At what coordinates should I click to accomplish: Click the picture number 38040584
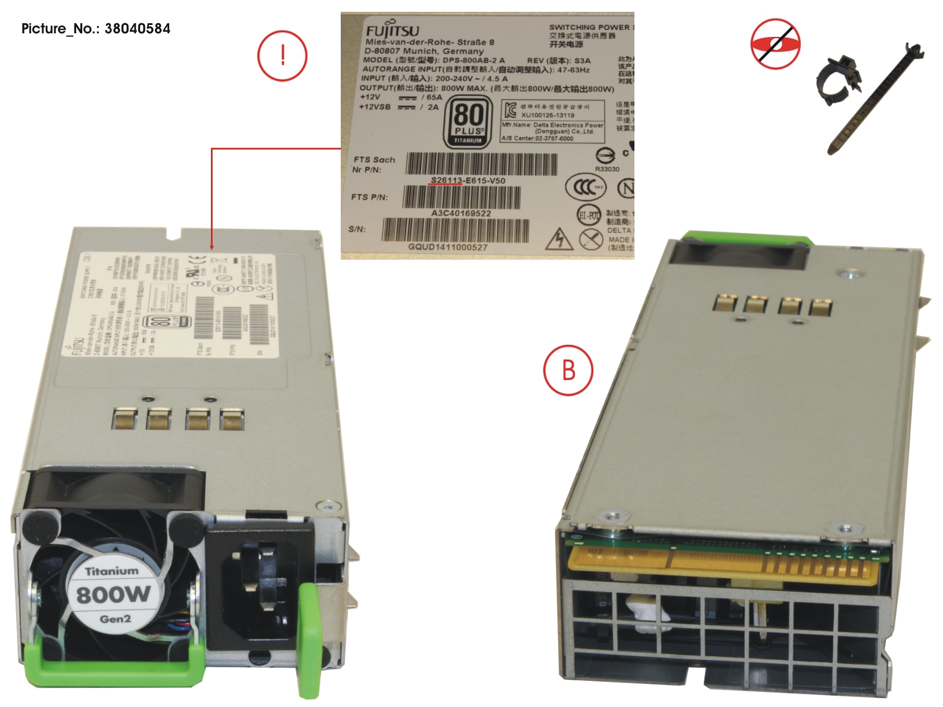[x=137, y=29]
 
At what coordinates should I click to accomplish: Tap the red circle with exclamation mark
[x=282, y=56]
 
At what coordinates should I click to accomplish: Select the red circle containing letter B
[x=568, y=370]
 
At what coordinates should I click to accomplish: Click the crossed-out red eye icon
[x=775, y=43]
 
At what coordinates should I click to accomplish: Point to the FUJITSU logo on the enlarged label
[x=392, y=31]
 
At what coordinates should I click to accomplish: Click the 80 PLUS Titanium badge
[x=468, y=123]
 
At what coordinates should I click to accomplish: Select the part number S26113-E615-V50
[x=468, y=180]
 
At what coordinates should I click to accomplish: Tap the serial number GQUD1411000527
[x=447, y=247]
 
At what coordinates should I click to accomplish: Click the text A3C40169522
[x=461, y=213]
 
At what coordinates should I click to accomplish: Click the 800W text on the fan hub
[x=113, y=594]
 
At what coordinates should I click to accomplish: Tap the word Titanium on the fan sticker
[x=111, y=571]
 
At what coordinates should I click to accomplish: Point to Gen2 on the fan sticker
[x=115, y=619]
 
